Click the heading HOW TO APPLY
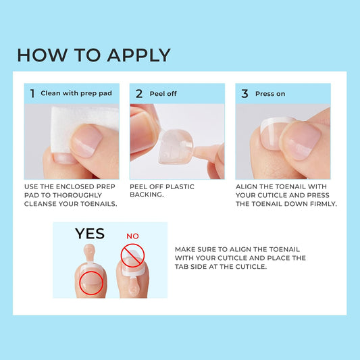point(93,55)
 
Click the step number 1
point(32,94)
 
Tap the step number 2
point(138,94)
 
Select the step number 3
point(245,94)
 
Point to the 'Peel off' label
point(163,94)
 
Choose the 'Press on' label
point(270,94)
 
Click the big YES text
point(90,234)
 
